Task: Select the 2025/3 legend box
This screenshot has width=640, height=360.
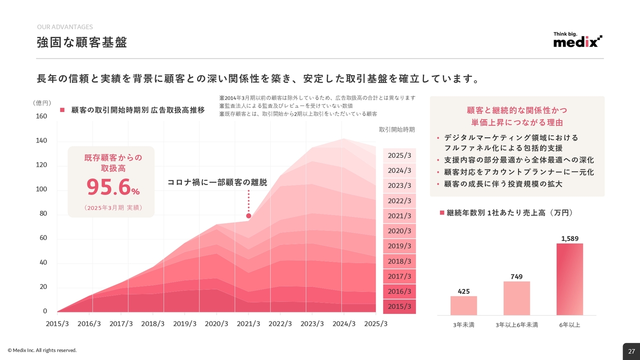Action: (x=399, y=155)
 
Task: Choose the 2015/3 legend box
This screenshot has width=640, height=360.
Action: (x=399, y=306)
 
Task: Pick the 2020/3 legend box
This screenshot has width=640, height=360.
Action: (x=399, y=231)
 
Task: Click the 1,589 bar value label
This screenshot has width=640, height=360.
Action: (x=569, y=238)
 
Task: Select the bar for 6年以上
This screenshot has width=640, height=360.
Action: (x=569, y=279)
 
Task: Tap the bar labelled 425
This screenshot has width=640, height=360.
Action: (x=463, y=305)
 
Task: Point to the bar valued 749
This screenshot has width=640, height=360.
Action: (x=516, y=298)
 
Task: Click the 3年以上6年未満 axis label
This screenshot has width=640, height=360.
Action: (x=516, y=325)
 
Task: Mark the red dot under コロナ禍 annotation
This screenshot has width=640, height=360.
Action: (x=248, y=216)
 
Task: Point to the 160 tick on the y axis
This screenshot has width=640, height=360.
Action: (x=41, y=116)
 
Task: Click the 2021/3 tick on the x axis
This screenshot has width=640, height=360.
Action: (x=248, y=323)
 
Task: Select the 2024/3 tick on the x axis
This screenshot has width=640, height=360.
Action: (x=344, y=323)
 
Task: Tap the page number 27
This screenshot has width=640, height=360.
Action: (x=631, y=351)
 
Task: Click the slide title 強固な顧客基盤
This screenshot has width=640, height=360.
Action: (x=82, y=42)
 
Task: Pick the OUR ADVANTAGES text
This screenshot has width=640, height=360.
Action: (x=65, y=27)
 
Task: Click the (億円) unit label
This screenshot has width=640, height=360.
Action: (x=42, y=103)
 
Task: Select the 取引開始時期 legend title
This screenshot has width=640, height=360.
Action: (x=396, y=129)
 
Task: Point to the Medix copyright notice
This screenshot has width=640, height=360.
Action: (x=42, y=350)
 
